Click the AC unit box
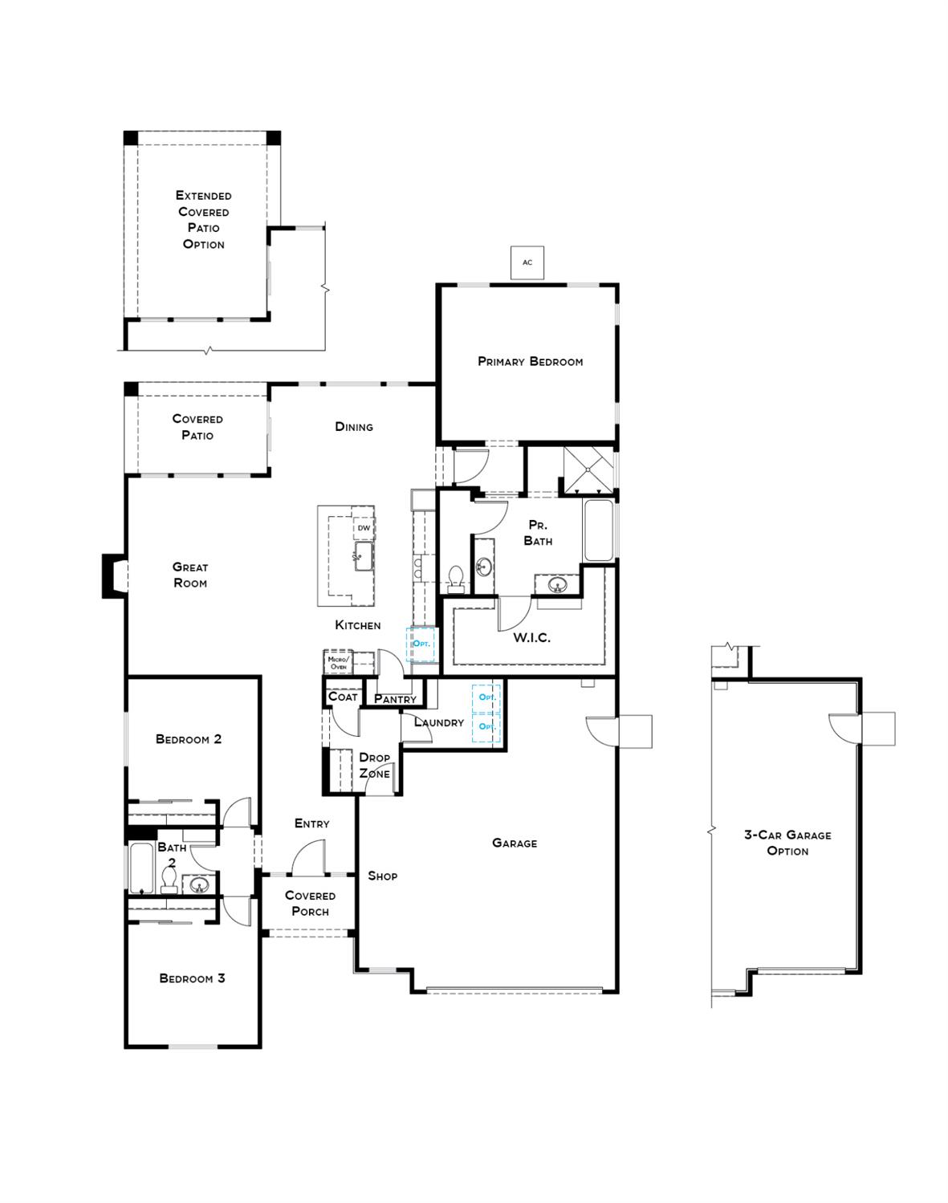pyautogui.click(x=527, y=262)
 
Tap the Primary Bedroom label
pyautogui.click(x=530, y=362)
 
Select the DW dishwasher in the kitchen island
pyautogui.click(x=364, y=528)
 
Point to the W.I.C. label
pyautogui.click(x=531, y=639)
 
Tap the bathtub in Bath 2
pyautogui.click(x=141, y=867)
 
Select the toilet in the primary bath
pyautogui.click(x=456, y=579)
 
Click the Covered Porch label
pyautogui.click(x=310, y=904)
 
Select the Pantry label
pyautogui.click(x=395, y=699)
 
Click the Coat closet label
pyautogui.click(x=343, y=697)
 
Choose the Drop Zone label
pyautogui.click(x=374, y=766)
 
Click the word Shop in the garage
pyautogui.click(x=382, y=876)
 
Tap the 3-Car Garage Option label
pyautogui.click(x=787, y=843)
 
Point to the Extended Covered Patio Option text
pyautogui.click(x=203, y=220)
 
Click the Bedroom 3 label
pyautogui.click(x=192, y=978)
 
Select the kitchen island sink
pyautogui.click(x=360, y=555)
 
